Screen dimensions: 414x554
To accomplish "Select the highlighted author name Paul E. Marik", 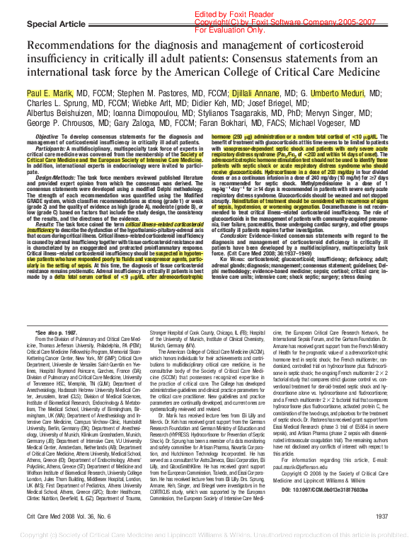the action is [x=51, y=93].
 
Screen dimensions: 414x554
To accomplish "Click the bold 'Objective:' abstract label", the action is [x=47, y=135].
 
